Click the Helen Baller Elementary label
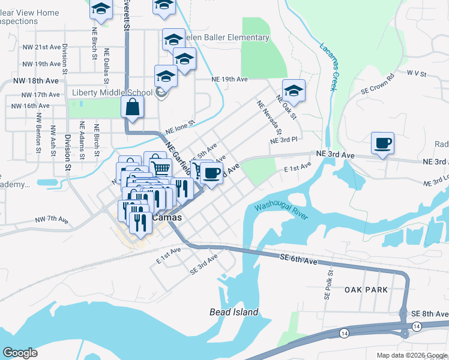[x=226, y=38]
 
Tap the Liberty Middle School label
[x=112, y=93]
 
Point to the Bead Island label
[x=234, y=312]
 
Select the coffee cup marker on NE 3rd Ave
[x=382, y=143]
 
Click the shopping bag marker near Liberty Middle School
[x=132, y=108]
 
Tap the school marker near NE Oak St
[x=294, y=91]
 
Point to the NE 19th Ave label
[x=229, y=79]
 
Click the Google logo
[x=20, y=353]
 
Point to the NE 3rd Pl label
[x=284, y=140]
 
